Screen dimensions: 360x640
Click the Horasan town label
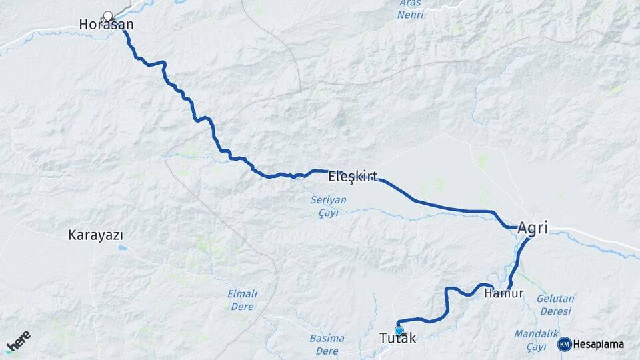click(x=106, y=25)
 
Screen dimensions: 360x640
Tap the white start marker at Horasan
click(x=108, y=15)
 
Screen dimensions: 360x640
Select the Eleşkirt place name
click(x=353, y=177)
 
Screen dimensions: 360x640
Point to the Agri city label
click(x=533, y=228)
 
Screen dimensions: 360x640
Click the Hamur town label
click(x=504, y=293)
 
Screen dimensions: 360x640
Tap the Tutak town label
click(x=398, y=339)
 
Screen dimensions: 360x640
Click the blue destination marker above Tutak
click(x=399, y=330)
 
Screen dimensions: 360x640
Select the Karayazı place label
click(x=96, y=235)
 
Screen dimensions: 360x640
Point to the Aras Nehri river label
click(x=411, y=9)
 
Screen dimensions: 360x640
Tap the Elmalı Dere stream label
click(x=242, y=300)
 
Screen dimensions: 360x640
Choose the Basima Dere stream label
click(x=327, y=344)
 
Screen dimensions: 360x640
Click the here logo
click(x=19, y=342)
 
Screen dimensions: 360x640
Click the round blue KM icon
click(x=564, y=344)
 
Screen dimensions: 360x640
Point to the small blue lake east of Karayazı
click(x=121, y=248)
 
